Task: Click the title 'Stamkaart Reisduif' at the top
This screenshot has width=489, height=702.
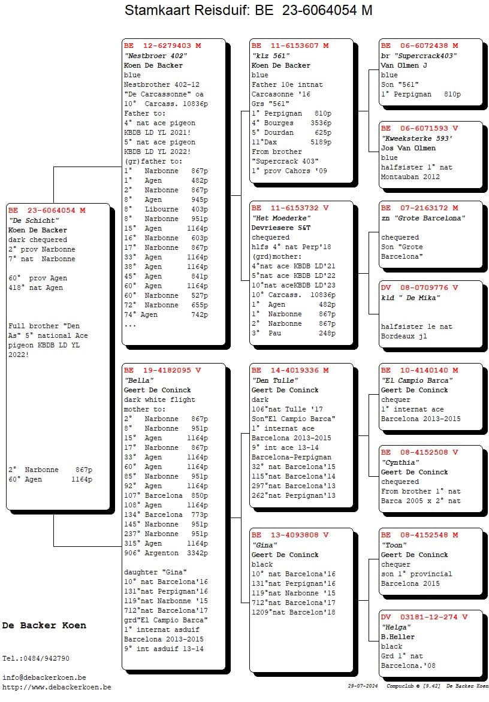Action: point(187,10)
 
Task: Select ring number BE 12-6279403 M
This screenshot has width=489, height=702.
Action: point(162,46)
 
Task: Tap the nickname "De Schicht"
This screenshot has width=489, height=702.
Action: point(34,220)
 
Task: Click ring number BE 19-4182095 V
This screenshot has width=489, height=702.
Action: point(162,370)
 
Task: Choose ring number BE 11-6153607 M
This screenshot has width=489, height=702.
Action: point(290,46)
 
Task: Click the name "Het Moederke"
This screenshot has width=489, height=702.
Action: point(281,218)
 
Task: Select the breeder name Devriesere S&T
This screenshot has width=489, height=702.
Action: point(281,228)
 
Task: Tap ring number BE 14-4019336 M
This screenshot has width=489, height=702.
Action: point(290,370)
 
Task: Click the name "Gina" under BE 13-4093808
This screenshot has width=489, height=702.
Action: point(265,545)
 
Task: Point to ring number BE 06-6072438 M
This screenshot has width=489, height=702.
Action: point(419,46)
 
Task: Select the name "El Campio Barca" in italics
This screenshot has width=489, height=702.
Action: point(417,380)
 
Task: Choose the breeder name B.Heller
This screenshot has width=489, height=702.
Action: point(398,637)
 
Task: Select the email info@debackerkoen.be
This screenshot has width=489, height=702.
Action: point(44,677)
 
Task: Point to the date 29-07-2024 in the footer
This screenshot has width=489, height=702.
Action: point(363,686)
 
